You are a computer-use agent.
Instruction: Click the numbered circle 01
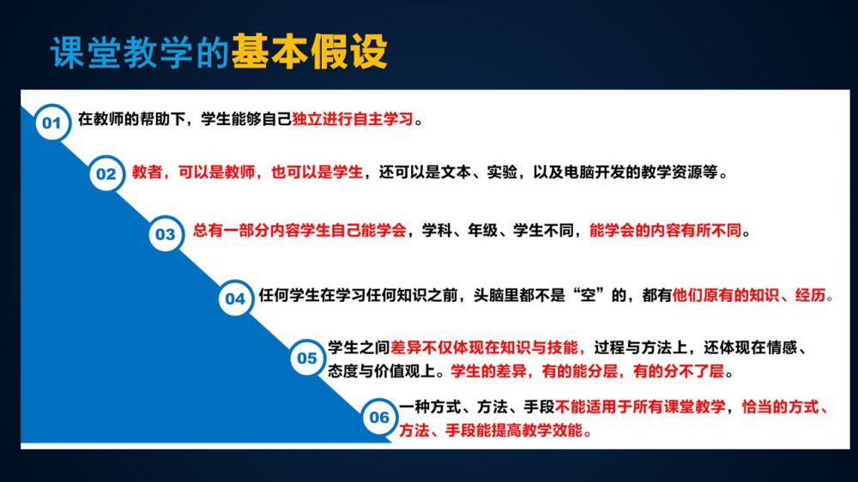(52, 122)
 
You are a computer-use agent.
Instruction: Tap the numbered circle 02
(106, 174)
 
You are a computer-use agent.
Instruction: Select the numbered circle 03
(166, 234)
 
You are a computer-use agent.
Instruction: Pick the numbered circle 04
(235, 298)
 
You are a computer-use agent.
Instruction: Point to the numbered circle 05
(307, 358)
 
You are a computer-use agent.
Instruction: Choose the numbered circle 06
(379, 418)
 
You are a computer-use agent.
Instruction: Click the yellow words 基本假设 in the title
(309, 52)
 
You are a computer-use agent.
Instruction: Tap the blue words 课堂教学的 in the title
(140, 52)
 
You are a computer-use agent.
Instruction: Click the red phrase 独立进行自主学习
(353, 118)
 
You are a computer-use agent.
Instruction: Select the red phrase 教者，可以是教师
(193, 172)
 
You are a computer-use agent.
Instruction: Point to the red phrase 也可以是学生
(317, 172)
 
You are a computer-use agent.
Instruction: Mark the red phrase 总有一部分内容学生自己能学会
(299, 231)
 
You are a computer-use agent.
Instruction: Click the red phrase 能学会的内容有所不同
(666, 231)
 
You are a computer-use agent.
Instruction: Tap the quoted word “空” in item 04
(588, 295)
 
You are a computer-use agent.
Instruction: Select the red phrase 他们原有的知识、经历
(748, 295)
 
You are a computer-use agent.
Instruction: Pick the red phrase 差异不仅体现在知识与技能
(484, 347)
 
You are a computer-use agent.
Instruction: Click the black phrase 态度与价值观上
(382, 371)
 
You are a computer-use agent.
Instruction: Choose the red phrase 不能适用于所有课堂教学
(640, 407)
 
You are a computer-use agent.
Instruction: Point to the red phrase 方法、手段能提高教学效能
(490, 431)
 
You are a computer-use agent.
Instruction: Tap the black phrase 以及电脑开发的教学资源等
(625, 172)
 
